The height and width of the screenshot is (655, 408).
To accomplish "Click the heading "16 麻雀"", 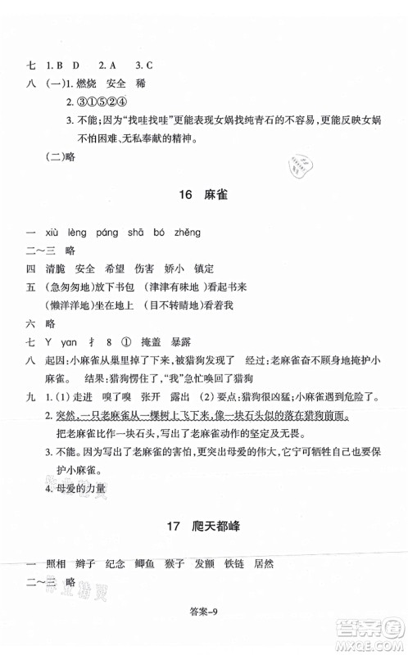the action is coord(205,197).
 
